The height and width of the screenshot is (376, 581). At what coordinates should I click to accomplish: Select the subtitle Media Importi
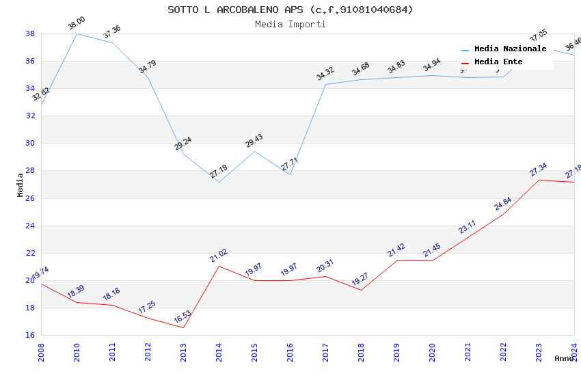(290, 25)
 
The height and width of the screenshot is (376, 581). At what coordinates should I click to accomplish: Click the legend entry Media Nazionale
(510, 49)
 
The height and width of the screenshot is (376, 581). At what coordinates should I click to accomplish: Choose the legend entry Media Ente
(498, 62)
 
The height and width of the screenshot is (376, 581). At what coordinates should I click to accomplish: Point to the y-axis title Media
(21, 185)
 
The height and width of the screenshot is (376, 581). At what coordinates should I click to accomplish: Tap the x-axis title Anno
(564, 358)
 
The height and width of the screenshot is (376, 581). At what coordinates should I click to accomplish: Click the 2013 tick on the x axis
(183, 352)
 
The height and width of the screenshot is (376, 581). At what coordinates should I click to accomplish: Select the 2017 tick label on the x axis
(325, 352)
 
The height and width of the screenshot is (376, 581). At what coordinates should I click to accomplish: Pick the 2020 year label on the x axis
(432, 352)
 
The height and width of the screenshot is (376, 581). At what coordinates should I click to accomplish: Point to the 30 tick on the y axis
(30, 144)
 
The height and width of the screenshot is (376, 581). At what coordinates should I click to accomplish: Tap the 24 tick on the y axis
(30, 226)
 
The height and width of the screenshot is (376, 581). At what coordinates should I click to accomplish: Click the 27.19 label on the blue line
(218, 172)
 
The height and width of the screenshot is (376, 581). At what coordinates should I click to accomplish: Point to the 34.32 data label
(325, 74)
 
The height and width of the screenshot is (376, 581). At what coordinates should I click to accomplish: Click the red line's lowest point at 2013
(183, 327)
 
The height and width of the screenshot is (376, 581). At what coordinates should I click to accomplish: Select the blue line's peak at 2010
(77, 33)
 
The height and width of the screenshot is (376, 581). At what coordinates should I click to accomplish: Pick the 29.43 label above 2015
(254, 141)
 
